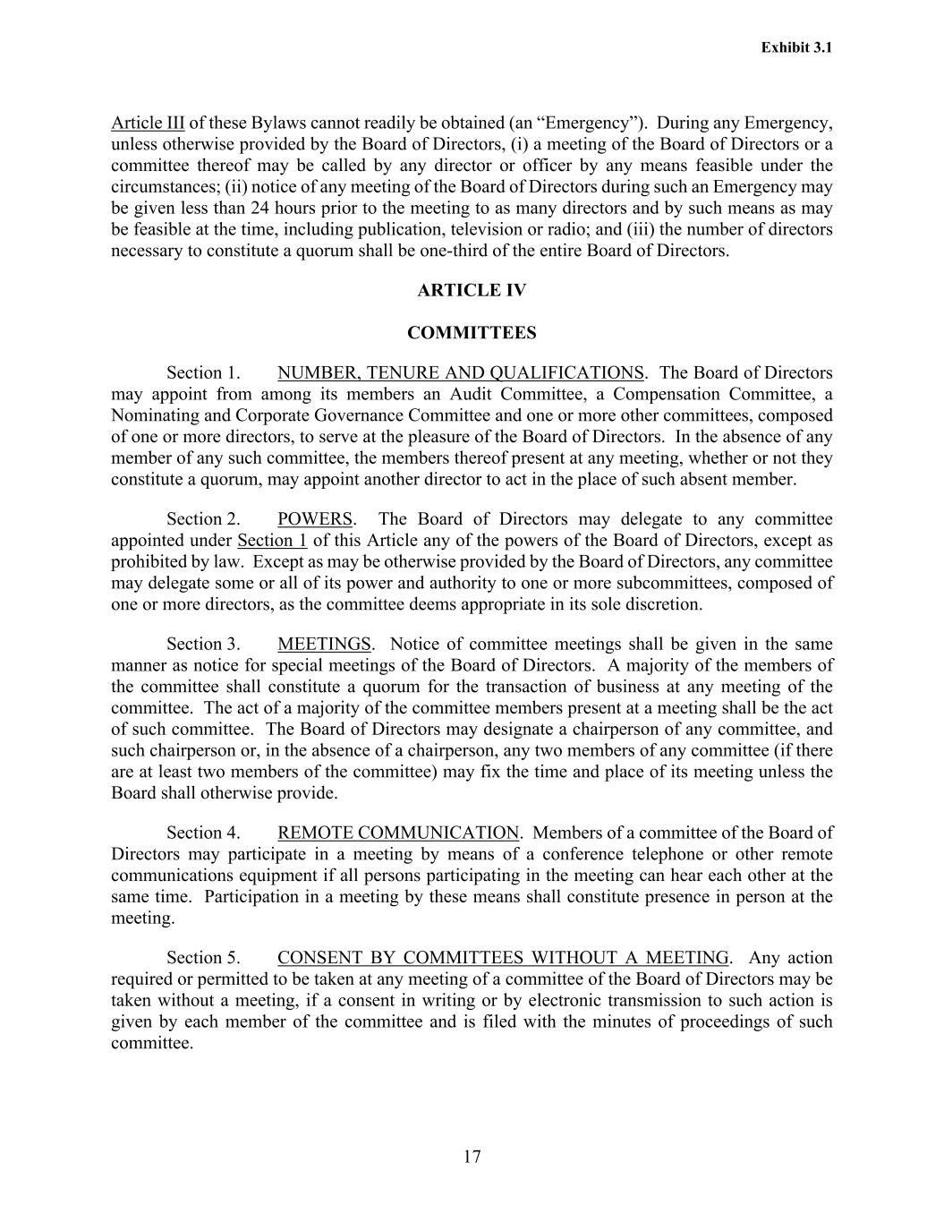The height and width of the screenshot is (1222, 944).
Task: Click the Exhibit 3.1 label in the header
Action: point(796,47)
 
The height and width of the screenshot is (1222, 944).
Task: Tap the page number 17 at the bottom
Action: point(472,1157)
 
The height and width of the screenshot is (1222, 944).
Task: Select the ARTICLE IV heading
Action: point(472,290)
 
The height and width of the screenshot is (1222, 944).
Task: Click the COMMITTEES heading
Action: point(472,333)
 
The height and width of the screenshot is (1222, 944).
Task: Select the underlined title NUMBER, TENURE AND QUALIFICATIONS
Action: point(460,372)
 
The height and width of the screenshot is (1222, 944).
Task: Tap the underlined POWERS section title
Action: point(315,519)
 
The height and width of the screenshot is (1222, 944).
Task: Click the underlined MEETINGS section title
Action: point(324,644)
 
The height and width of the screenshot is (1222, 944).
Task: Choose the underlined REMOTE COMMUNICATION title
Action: point(398,833)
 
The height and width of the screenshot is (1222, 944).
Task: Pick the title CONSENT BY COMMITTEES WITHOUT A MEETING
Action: point(503,958)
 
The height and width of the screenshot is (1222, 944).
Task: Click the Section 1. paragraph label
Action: point(203,372)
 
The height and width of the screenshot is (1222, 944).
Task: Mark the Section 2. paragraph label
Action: point(203,519)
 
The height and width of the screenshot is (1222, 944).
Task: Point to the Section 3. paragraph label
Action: point(203,644)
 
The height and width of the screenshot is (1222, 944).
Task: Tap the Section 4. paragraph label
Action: point(203,833)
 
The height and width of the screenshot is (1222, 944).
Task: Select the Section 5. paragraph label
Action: point(203,958)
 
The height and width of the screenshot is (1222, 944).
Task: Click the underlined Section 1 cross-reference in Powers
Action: point(272,541)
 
